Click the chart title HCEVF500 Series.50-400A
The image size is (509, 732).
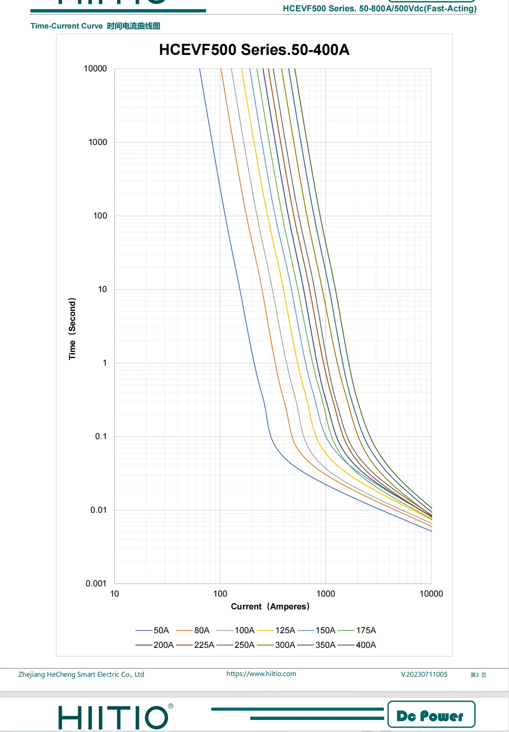[x=254, y=50]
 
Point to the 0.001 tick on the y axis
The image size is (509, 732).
[x=96, y=583]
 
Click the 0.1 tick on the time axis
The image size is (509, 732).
[x=101, y=436]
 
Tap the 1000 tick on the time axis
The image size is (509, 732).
[x=98, y=142]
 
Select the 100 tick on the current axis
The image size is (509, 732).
[x=220, y=594]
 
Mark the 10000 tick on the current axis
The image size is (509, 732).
[x=431, y=594]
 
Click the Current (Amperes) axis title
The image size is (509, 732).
[x=270, y=606]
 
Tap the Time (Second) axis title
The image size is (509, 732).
[x=72, y=328]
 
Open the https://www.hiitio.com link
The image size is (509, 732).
[x=261, y=674]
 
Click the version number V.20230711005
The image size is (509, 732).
[x=424, y=675]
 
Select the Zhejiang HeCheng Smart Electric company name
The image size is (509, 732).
[x=81, y=675]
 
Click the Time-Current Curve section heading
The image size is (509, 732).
[x=95, y=26]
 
